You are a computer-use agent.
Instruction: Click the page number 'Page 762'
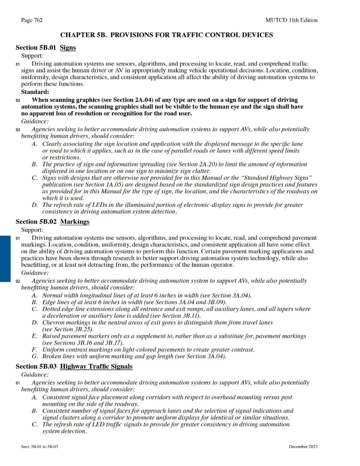click(x=32, y=20)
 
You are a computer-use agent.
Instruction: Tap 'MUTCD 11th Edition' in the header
click(x=291, y=20)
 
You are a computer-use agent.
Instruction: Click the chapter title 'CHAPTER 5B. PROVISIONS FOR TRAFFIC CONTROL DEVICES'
click(x=166, y=35)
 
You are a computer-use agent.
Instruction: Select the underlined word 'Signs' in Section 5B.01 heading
click(x=68, y=48)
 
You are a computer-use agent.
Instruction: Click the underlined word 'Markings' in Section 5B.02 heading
click(x=75, y=222)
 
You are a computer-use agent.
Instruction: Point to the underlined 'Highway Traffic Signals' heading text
click(x=96, y=367)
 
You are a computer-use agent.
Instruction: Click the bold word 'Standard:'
click(x=35, y=92)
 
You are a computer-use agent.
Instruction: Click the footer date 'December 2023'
click(x=303, y=447)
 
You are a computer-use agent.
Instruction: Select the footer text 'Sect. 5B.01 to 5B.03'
click(x=39, y=447)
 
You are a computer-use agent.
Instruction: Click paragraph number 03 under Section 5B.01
click(x=18, y=130)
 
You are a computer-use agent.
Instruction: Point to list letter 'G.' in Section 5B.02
click(x=35, y=356)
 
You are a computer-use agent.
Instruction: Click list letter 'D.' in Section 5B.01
click(x=35, y=205)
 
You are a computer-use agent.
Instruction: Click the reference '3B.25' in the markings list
click(x=83, y=329)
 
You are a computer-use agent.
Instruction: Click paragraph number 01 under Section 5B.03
click(x=18, y=383)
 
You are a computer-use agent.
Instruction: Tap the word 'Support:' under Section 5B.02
click(x=32, y=230)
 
